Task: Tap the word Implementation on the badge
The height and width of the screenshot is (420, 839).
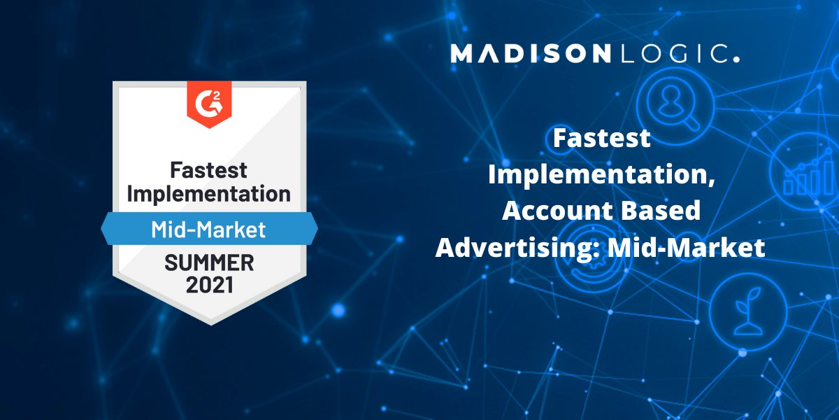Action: coord(209,193)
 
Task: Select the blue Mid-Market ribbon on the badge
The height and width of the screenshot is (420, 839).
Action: coord(209,229)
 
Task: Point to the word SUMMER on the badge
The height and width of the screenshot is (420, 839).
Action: coord(209,264)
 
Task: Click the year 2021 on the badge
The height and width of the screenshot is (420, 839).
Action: coord(209,285)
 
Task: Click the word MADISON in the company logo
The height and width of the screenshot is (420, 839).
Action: coord(531,54)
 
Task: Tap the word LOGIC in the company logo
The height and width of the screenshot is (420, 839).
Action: coord(671,54)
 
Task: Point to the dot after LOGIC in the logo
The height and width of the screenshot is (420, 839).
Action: coord(736,60)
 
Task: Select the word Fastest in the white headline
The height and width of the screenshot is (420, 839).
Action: coord(601,139)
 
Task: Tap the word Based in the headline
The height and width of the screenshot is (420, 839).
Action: coord(660,211)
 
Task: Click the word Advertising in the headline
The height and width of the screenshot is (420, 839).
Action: coord(505,247)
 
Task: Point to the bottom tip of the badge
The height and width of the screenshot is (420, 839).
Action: coord(209,323)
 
